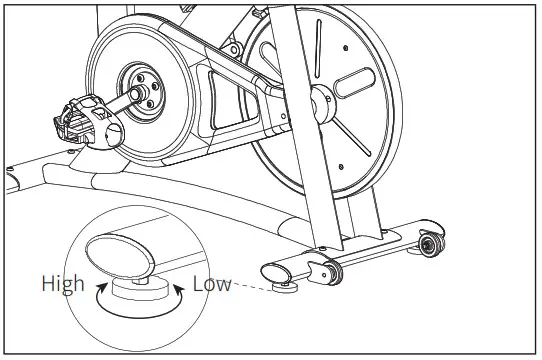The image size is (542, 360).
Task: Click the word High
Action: coord(62,284)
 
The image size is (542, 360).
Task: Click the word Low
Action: coord(212,284)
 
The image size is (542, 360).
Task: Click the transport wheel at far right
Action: coord(431,244)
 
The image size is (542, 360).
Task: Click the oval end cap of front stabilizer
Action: coord(275,270)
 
